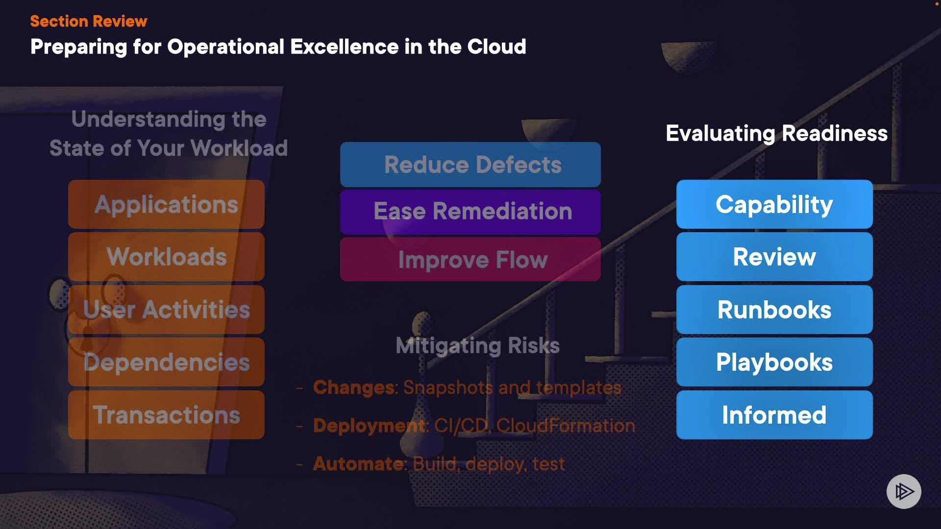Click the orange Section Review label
(88, 21)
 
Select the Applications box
(166, 204)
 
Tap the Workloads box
(166, 257)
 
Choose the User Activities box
(166, 310)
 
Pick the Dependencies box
(166, 362)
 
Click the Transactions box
(166, 415)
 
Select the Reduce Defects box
(470, 165)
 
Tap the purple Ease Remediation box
(470, 211)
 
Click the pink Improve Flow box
(470, 259)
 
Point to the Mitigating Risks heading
(477, 345)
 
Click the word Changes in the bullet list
(354, 387)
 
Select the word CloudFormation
(565, 426)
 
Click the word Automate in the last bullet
(359, 463)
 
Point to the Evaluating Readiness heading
(776, 133)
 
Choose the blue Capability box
(774, 204)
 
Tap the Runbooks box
(774, 310)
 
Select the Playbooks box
(774, 362)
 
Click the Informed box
(774, 415)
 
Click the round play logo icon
(904, 491)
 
